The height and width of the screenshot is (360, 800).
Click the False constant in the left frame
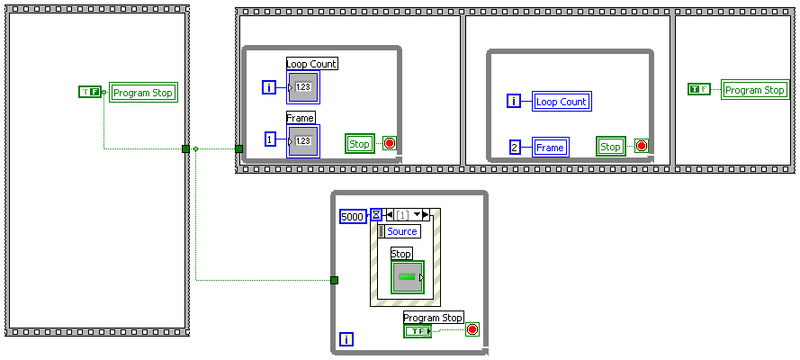(x=90, y=91)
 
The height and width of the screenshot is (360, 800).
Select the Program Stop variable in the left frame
(x=143, y=92)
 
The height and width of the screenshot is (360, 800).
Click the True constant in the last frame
(x=699, y=89)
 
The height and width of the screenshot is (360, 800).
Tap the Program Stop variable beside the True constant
(x=755, y=90)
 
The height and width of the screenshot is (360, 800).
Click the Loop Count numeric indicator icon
(x=302, y=87)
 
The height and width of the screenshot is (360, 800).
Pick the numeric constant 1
(x=270, y=139)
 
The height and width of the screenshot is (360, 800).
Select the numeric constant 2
(x=515, y=147)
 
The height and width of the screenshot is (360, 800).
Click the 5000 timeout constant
(x=353, y=216)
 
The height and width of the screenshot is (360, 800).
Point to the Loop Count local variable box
(x=561, y=102)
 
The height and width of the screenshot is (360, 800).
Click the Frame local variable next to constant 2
(x=550, y=147)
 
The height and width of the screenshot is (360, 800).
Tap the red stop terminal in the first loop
(x=390, y=143)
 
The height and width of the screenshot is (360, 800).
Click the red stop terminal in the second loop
(x=641, y=146)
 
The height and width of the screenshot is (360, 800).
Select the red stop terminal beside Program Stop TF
(x=472, y=329)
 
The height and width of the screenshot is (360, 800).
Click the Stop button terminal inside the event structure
(x=407, y=276)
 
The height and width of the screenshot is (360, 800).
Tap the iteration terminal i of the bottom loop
(x=347, y=339)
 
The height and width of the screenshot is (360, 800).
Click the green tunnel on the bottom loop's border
(x=334, y=281)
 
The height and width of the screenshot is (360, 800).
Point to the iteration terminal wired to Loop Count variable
(x=514, y=102)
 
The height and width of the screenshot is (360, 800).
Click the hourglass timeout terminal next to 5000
(x=376, y=215)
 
